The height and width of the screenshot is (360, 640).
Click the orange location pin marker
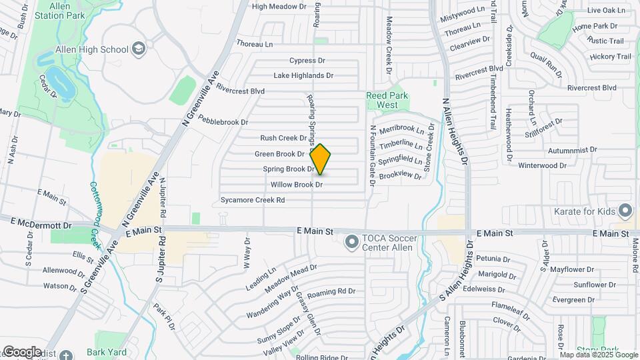pyautogui.click(x=321, y=159)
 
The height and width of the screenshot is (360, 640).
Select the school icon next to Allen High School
pyautogui.click(x=138, y=49)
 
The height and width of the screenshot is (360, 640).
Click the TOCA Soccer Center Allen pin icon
pyautogui.click(x=352, y=243)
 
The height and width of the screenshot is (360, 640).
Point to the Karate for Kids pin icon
pyautogui.click(x=625, y=211)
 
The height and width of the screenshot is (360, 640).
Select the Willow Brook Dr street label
pyautogui.click(x=297, y=185)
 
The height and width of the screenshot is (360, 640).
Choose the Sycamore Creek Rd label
pyautogui.click(x=253, y=200)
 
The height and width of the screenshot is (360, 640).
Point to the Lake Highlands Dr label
pyautogui.click(x=303, y=75)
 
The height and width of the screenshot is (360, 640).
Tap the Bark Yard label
pyautogui.click(x=104, y=351)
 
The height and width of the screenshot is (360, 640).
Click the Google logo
pyautogui.click(x=22, y=351)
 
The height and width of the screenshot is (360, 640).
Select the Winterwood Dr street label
pyautogui.click(x=542, y=165)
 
